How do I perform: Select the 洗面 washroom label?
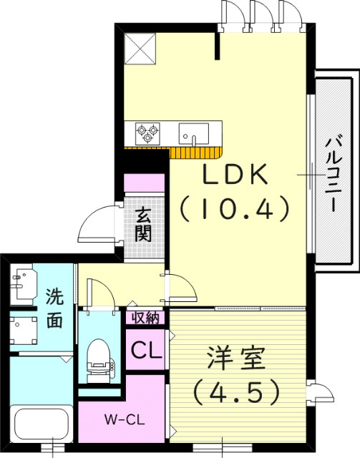(x=54, y=308)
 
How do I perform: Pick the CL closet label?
(x=146, y=351)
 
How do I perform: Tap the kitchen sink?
(x=193, y=133)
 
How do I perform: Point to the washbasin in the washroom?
(x=24, y=283)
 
